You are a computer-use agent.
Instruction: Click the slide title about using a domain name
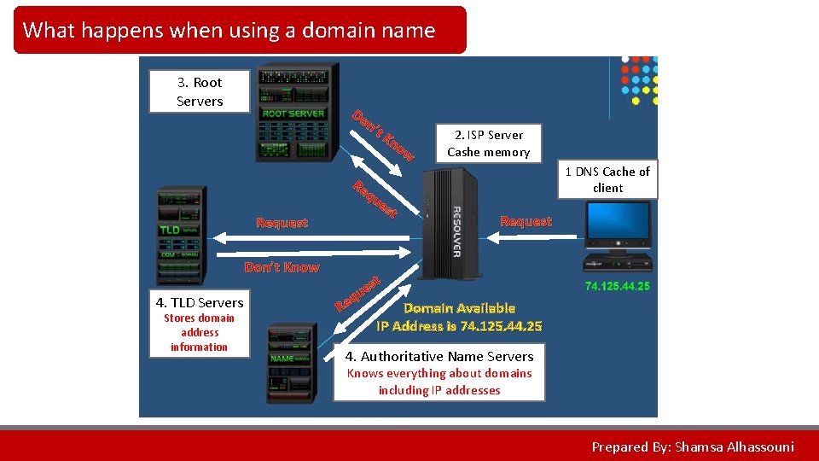click(229, 31)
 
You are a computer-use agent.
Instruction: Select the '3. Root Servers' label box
click(200, 91)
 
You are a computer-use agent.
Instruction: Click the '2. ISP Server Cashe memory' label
click(489, 143)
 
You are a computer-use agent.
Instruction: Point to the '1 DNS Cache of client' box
click(607, 179)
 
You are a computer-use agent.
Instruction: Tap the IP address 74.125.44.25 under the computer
click(618, 286)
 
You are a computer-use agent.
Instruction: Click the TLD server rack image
click(181, 235)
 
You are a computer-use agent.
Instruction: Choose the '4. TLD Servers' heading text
click(200, 302)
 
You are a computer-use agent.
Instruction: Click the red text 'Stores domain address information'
click(199, 332)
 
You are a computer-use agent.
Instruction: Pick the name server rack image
click(291, 362)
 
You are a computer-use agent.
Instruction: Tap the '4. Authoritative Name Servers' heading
click(439, 356)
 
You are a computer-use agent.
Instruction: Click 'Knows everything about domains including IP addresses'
click(439, 382)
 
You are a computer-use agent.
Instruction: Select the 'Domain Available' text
click(459, 308)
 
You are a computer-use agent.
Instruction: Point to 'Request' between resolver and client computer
click(526, 221)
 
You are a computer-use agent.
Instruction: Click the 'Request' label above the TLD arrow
click(282, 223)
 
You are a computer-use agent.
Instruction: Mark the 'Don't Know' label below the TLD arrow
click(282, 267)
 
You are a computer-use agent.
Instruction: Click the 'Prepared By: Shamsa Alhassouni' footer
click(693, 446)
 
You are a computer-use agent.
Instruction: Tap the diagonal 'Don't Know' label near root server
click(383, 135)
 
